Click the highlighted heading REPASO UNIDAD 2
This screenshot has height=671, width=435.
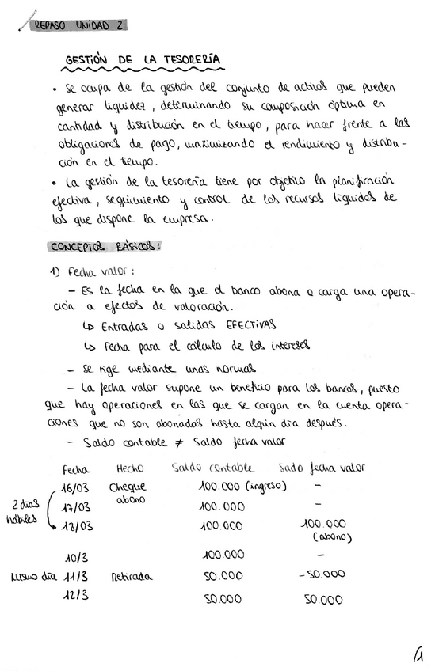(x=78, y=25)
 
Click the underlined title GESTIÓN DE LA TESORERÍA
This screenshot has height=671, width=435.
(x=142, y=60)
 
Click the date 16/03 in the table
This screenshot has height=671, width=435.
(x=77, y=487)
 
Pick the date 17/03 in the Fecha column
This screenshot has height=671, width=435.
(x=77, y=507)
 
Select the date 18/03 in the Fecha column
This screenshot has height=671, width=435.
(x=78, y=526)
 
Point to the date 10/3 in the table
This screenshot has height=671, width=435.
(x=77, y=557)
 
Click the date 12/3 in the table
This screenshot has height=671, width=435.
(x=77, y=595)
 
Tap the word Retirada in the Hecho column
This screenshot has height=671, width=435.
(x=131, y=576)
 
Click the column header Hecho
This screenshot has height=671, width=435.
(x=129, y=468)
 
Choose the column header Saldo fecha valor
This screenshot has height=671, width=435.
(x=322, y=468)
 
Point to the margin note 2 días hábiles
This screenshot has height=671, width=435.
(x=25, y=510)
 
